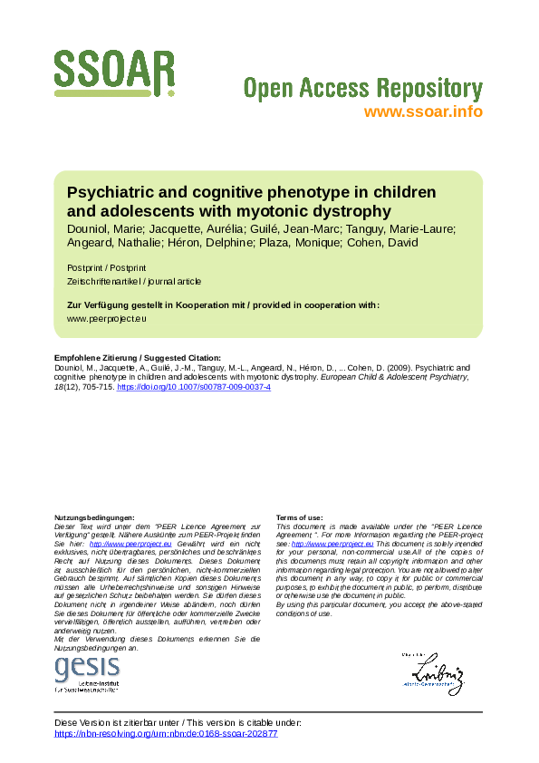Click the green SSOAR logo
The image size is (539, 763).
click(x=114, y=73)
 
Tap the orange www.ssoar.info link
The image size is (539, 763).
click(x=422, y=112)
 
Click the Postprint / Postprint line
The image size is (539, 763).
click(x=107, y=268)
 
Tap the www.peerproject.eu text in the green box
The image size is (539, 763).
click(x=107, y=319)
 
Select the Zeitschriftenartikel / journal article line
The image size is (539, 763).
click(x=134, y=282)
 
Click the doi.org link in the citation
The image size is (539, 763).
click(x=194, y=387)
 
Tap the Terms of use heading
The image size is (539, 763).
click(x=299, y=517)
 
